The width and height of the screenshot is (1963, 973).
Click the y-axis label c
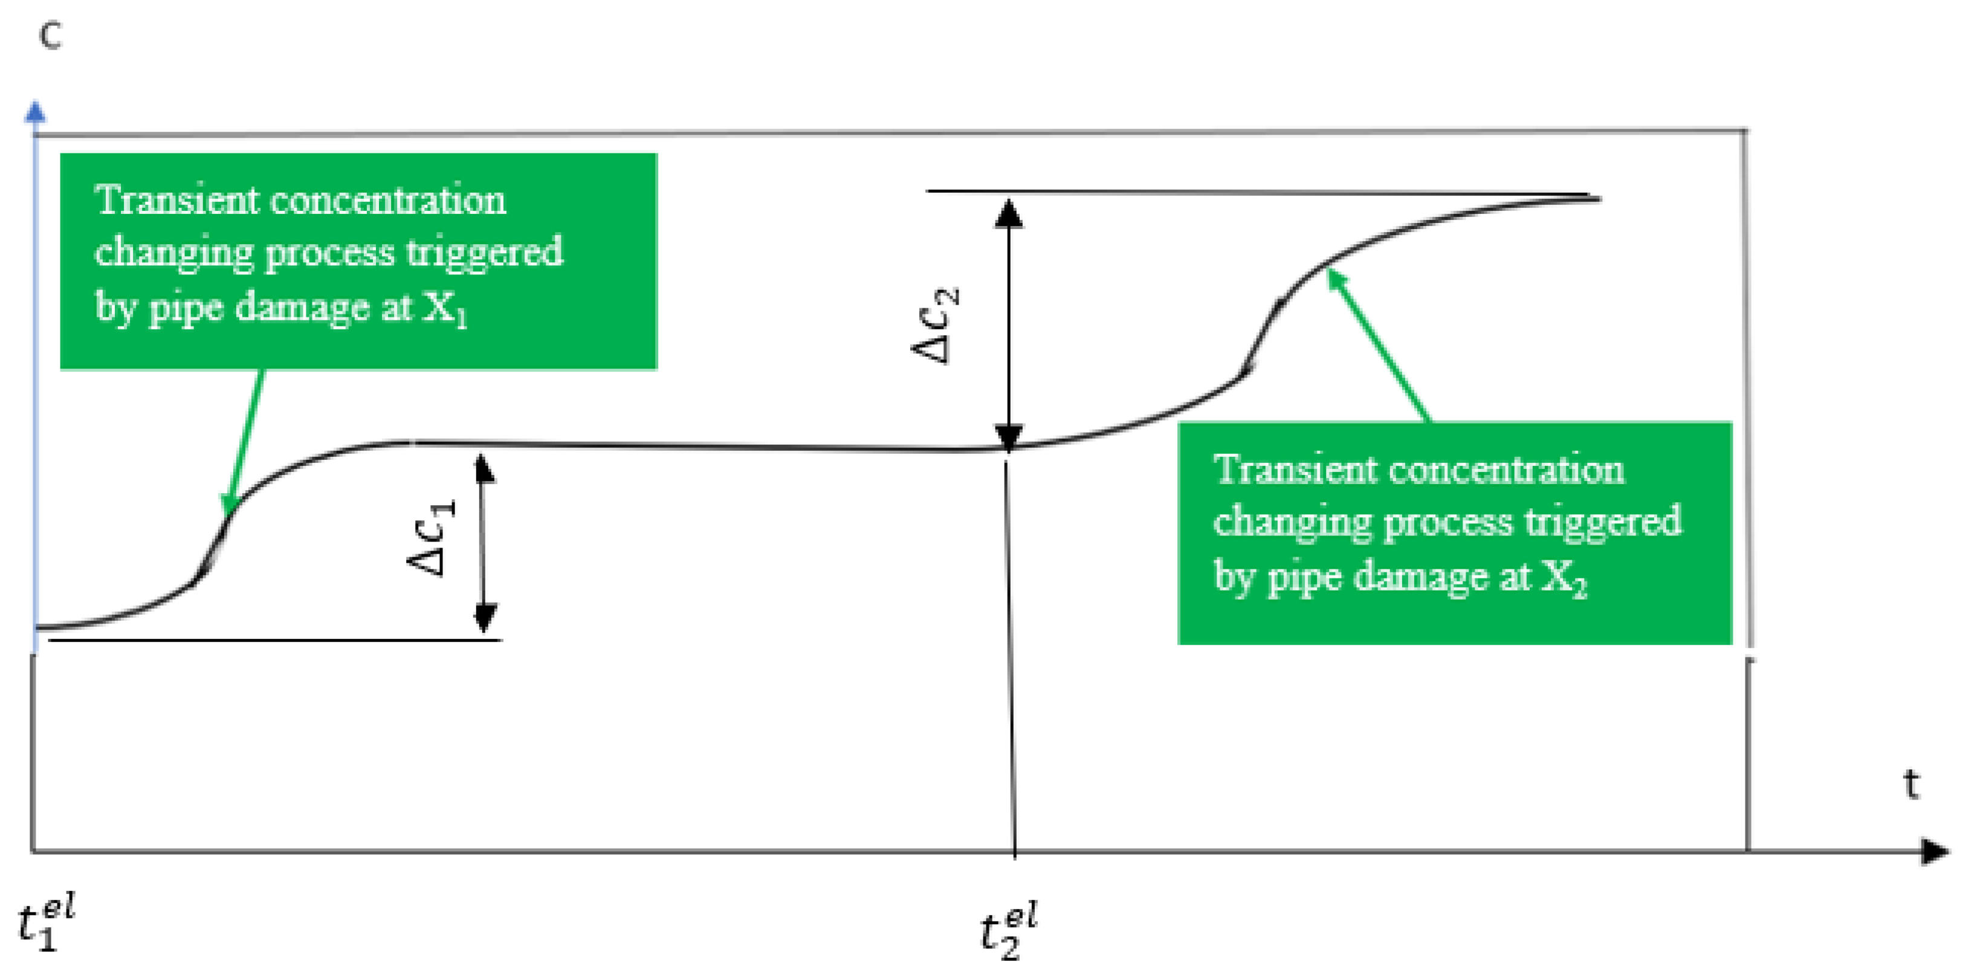tap(50, 36)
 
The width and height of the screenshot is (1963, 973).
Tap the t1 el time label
tap(46, 923)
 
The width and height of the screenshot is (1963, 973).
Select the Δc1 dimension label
tap(432, 537)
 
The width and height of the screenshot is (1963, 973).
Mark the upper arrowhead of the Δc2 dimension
tap(1009, 213)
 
